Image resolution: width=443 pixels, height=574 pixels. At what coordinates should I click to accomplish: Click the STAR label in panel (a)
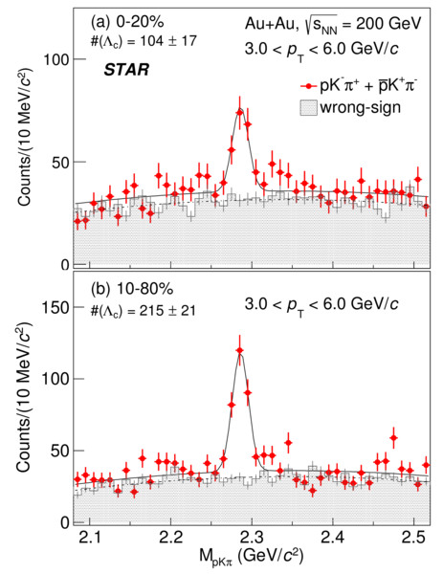pos(126,70)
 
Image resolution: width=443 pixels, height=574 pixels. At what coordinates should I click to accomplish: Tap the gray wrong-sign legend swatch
pos(309,108)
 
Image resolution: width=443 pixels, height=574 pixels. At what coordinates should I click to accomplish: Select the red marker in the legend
pos(309,86)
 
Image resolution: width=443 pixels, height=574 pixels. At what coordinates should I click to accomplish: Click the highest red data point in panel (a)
pos(240,112)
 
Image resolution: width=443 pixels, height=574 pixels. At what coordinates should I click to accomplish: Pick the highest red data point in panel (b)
pos(240,350)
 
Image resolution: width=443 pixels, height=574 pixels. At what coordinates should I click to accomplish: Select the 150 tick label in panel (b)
pos(55,307)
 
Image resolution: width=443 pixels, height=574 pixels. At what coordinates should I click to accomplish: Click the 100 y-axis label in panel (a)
pos(56,59)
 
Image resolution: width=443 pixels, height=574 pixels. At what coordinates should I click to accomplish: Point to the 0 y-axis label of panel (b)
pos(65,522)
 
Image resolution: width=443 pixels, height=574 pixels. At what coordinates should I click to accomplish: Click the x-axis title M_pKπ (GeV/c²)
pos(252,557)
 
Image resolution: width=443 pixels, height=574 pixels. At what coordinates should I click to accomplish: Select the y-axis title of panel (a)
pos(26,136)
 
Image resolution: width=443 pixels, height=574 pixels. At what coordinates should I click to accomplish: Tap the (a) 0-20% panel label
pos(127,23)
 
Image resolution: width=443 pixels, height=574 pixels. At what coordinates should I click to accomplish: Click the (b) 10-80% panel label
pos(132,290)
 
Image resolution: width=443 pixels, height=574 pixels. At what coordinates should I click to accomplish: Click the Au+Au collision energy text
pos(333,25)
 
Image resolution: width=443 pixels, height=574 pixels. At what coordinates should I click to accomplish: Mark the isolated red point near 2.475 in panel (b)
pos(393,438)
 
